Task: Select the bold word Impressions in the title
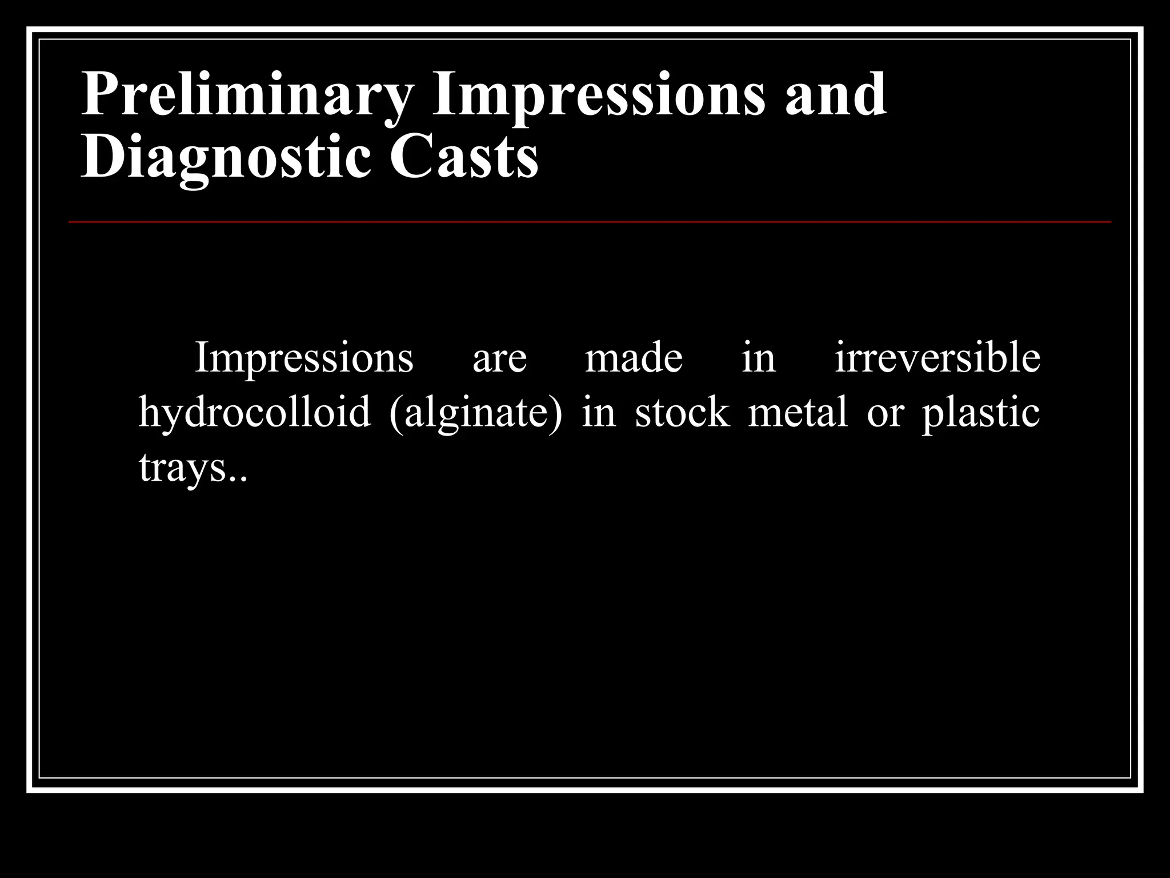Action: coord(598,95)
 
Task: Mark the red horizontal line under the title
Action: coord(590,221)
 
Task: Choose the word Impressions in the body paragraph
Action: coord(304,358)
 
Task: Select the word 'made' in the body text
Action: coord(634,358)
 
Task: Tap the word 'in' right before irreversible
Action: coord(759,358)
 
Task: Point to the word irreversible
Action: coord(937,358)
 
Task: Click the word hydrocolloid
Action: coord(255,413)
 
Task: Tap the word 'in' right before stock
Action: coord(599,413)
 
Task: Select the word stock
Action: coord(682,413)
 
